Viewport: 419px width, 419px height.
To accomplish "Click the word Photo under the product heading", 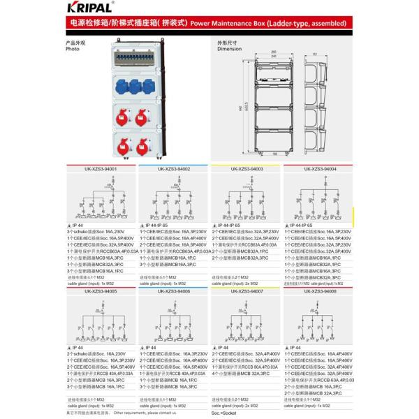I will coord(73,50).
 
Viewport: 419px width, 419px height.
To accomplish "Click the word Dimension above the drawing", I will coord(228,50).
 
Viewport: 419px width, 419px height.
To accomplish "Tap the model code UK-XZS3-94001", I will coord(101,169).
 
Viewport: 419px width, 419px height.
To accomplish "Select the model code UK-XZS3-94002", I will coord(174,169).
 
